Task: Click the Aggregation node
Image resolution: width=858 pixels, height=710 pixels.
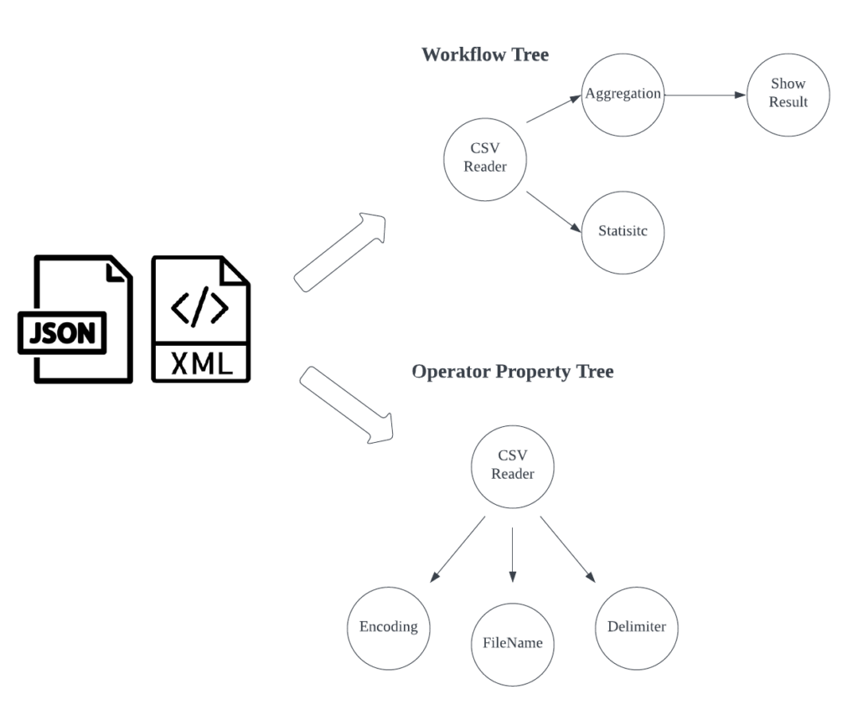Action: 623,95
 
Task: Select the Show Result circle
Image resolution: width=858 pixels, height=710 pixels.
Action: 788,95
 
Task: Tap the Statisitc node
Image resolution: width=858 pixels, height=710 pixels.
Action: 623,233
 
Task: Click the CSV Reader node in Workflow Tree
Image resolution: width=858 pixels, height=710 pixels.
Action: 485,159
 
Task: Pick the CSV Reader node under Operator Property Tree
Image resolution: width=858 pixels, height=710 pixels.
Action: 512,466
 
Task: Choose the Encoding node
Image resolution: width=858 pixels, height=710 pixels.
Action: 389,629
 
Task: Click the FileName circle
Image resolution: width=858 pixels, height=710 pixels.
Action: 512,645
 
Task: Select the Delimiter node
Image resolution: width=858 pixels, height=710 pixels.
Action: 637,629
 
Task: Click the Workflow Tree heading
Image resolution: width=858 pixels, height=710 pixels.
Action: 485,54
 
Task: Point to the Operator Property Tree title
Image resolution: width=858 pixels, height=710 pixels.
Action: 512,372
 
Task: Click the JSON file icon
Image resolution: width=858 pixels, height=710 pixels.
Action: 75,319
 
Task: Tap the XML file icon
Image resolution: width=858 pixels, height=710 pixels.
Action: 201,319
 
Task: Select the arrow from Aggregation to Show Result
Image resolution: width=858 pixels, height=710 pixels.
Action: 706,95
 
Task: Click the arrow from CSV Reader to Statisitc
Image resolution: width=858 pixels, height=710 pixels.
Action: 554,212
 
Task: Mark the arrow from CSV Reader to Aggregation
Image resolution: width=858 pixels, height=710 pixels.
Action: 554,108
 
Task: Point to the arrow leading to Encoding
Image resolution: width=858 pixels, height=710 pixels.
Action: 457,549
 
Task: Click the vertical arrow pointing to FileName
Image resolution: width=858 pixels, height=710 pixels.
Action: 512,554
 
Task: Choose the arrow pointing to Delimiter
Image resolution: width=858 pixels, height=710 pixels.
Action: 567,549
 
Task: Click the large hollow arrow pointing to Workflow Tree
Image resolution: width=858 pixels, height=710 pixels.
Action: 340,252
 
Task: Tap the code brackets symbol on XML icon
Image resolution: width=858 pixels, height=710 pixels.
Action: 199,306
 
